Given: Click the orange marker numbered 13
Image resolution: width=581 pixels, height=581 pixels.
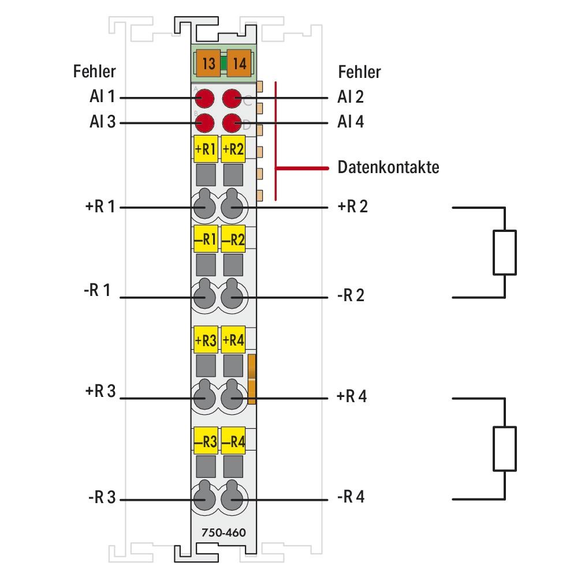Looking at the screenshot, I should [x=208, y=63].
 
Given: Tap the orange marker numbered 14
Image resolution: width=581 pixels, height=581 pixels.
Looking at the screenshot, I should [x=238, y=63].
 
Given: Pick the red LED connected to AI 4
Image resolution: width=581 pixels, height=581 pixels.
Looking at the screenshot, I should [x=232, y=123].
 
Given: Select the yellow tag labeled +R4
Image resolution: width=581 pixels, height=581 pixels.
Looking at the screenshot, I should [x=233, y=340].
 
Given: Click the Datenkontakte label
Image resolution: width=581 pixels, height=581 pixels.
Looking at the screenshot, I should [x=388, y=168].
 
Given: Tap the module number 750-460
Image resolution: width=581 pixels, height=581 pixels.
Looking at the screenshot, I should [x=219, y=532].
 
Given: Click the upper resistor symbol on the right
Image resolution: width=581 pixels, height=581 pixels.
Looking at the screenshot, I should [x=505, y=252].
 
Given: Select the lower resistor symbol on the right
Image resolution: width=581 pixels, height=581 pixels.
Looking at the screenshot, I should [x=505, y=448].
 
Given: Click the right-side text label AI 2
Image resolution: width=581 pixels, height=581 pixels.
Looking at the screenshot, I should [x=351, y=97].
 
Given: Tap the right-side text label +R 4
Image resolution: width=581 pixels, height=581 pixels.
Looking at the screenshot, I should [x=351, y=397].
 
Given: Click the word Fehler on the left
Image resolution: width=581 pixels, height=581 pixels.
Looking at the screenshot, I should [x=94, y=72].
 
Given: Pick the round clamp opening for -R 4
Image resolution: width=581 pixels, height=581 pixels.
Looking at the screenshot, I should [x=233, y=498].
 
